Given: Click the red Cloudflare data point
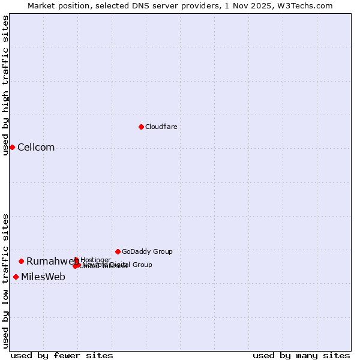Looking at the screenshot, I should (141, 127).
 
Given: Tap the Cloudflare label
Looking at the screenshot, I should (161, 127).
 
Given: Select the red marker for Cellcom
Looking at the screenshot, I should (12, 147).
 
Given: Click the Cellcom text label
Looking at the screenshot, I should (36, 148).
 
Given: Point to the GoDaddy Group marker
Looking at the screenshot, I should (118, 251).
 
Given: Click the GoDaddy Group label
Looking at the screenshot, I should (147, 251).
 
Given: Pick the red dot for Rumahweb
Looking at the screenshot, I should (21, 261).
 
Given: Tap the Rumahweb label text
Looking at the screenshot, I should (52, 261).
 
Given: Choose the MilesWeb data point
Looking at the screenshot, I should (16, 277).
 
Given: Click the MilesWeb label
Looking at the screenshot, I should (43, 277).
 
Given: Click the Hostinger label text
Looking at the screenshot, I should (95, 260).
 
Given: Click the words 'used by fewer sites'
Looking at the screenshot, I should (62, 355).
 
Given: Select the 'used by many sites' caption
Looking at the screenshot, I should (301, 355).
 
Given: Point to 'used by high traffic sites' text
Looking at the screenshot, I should (5, 85).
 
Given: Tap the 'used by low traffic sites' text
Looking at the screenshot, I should (5, 281).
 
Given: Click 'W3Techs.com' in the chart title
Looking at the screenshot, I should (308, 5).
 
